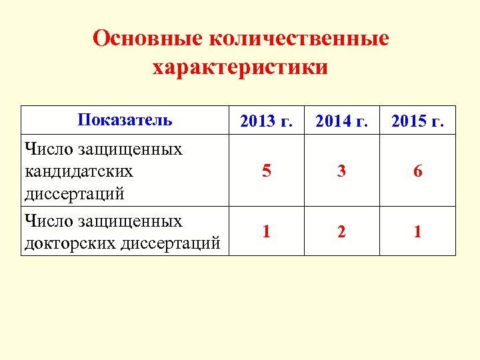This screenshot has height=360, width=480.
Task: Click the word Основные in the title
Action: (147, 38)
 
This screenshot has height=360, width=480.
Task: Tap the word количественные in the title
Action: (299, 38)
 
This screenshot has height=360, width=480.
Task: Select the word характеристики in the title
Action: (240, 67)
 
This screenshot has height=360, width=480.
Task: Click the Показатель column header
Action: (125, 120)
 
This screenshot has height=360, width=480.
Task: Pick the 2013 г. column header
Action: (266, 121)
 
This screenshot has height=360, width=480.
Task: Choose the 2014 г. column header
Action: (341, 121)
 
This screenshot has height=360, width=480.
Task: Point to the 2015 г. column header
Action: (417, 121)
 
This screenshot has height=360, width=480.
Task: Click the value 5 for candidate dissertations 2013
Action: (266, 171)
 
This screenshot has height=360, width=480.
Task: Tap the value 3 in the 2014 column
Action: (341, 171)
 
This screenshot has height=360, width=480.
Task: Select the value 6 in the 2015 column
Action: (417, 171)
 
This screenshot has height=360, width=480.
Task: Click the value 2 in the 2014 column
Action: (341, 232)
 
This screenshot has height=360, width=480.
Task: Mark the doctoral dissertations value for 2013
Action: (266, 232)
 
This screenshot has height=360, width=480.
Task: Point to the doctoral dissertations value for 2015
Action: (417, 232)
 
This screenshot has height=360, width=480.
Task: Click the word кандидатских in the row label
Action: (79, 171)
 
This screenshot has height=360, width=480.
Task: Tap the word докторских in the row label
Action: (71, 244)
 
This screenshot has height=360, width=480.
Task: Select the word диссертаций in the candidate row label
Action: (74, 194)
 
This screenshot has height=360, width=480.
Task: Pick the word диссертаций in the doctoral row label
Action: (171, 244)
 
